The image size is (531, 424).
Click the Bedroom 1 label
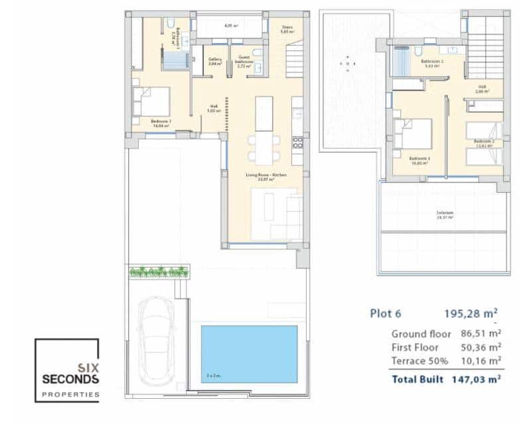[161, 123]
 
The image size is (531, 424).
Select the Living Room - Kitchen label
[265, 177]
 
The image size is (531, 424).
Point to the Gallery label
[215, 62]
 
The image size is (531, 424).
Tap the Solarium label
[445, 214]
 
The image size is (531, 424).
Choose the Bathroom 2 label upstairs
[432, 64]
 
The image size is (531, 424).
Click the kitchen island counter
[264, 113]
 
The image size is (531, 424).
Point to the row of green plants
[159, 271]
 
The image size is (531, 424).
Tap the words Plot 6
[386, 314]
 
